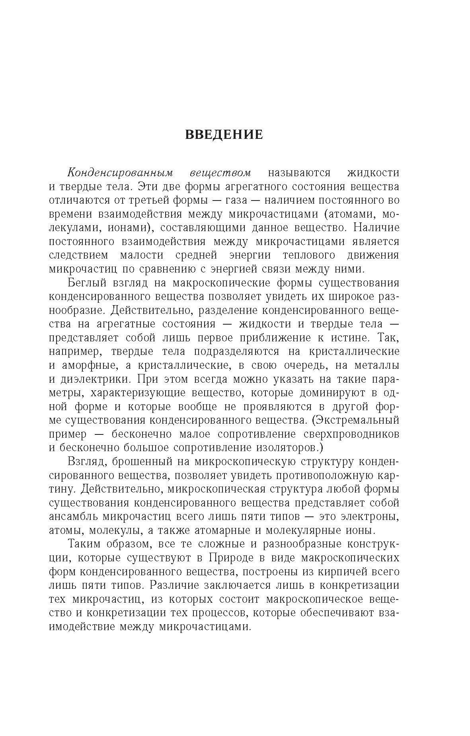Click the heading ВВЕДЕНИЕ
tap(224, 134)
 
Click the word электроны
tap(370, 517)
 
